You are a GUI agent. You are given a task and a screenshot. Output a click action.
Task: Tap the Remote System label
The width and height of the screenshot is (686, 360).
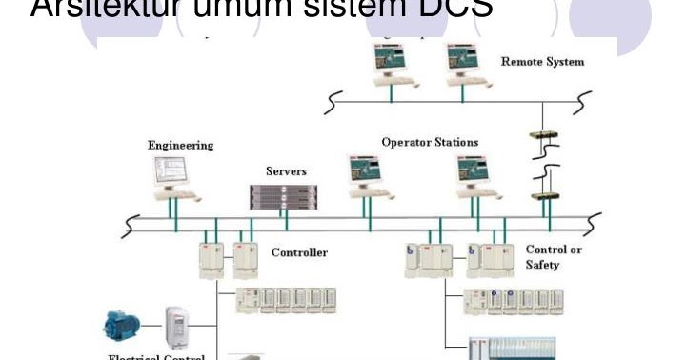(x=542, y=62)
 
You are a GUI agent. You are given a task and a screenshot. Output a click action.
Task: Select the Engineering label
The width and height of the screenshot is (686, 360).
(x=180, y=146)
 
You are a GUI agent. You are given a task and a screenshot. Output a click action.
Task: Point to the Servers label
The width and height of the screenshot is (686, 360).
(x=285, y=171)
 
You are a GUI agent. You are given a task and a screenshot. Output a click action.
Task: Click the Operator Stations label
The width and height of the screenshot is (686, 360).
(x=430, y=142)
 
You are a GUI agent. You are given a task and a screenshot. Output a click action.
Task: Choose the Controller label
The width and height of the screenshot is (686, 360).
(x=299, y=252)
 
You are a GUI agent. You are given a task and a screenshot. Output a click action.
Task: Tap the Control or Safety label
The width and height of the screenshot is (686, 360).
(x=550, y=257)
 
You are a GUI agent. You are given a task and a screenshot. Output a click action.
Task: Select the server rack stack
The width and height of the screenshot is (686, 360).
(x=284, y=196)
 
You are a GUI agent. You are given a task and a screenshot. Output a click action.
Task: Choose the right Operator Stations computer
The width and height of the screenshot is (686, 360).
(x=475, y=175)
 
